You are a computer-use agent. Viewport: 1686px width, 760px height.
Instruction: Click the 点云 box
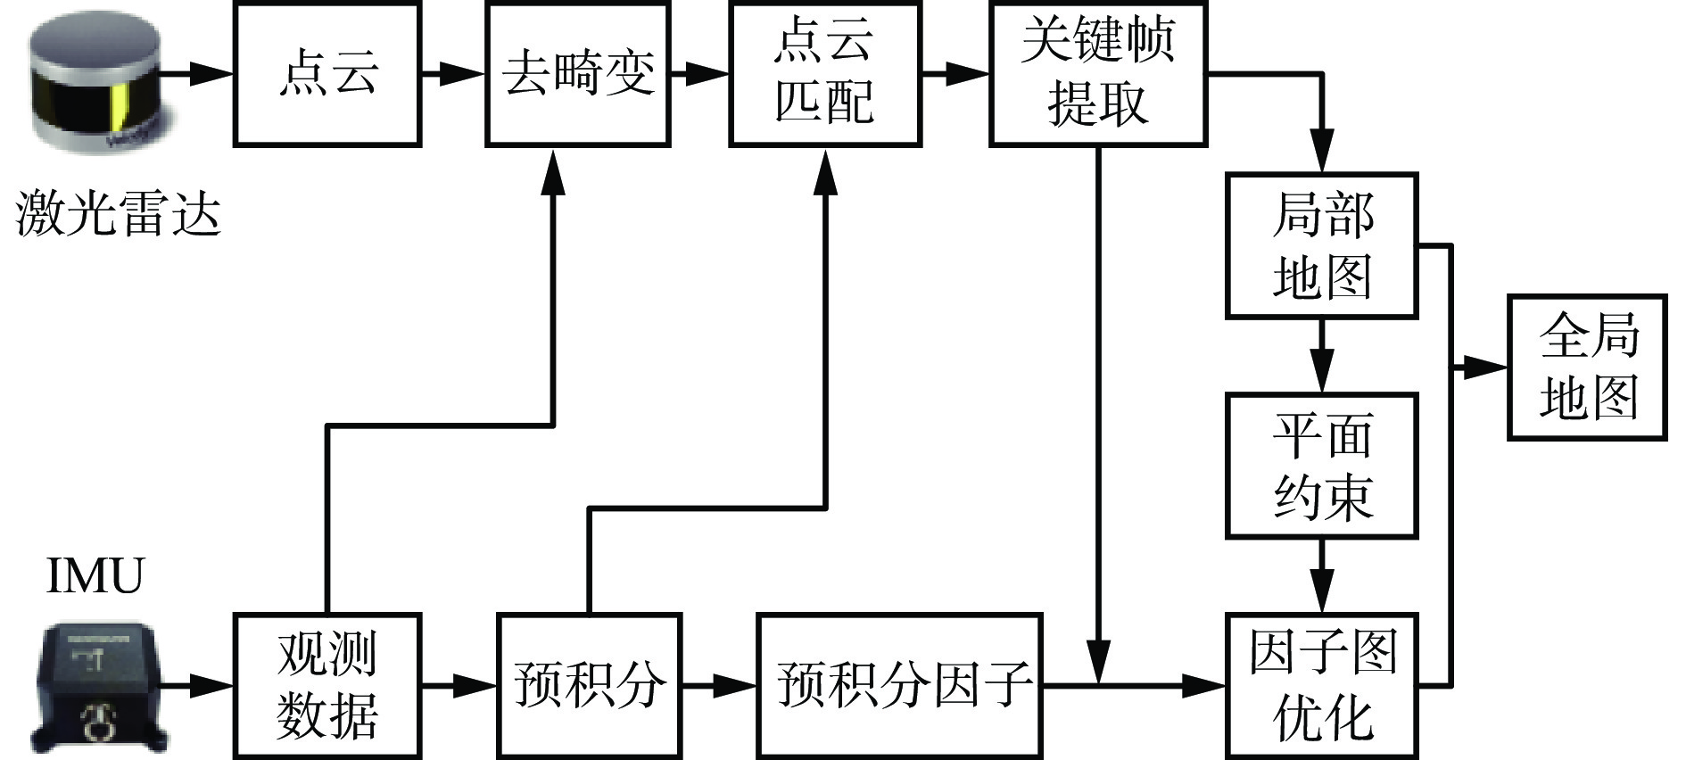[x=326, y=73]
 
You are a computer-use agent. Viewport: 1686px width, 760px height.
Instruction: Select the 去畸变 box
[x=578, y=73]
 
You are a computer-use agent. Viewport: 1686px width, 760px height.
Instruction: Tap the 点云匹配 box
[x=824, y=73]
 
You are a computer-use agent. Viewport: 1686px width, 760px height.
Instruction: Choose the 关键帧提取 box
[x=1097, y=73]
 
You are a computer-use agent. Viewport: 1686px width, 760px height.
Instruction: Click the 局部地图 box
[x=1321, y=245]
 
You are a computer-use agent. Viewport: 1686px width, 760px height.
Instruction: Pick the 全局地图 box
[x=1587, y=367]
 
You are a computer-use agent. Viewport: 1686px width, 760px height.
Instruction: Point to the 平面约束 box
[x=1321, y=466]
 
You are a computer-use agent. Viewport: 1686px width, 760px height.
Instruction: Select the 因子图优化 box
[x=1321, y=685]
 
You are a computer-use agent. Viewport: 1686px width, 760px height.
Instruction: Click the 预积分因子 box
[x=899, y=685]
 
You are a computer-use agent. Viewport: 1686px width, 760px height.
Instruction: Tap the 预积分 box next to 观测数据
[x=589, y=685]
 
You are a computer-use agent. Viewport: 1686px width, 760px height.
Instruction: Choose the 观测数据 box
[x=326, y=685]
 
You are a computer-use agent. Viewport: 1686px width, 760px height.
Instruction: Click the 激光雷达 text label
[x=118, y=214]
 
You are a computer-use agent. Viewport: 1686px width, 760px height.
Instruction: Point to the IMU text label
[x=95, y=575]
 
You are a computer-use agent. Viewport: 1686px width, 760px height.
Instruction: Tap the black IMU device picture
[x=100, y=687]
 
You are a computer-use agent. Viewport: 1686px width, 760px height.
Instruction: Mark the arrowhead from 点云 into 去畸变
[x=466, y=73]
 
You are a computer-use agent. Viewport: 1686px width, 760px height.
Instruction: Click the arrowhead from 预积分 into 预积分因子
[x=737, y=685]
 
